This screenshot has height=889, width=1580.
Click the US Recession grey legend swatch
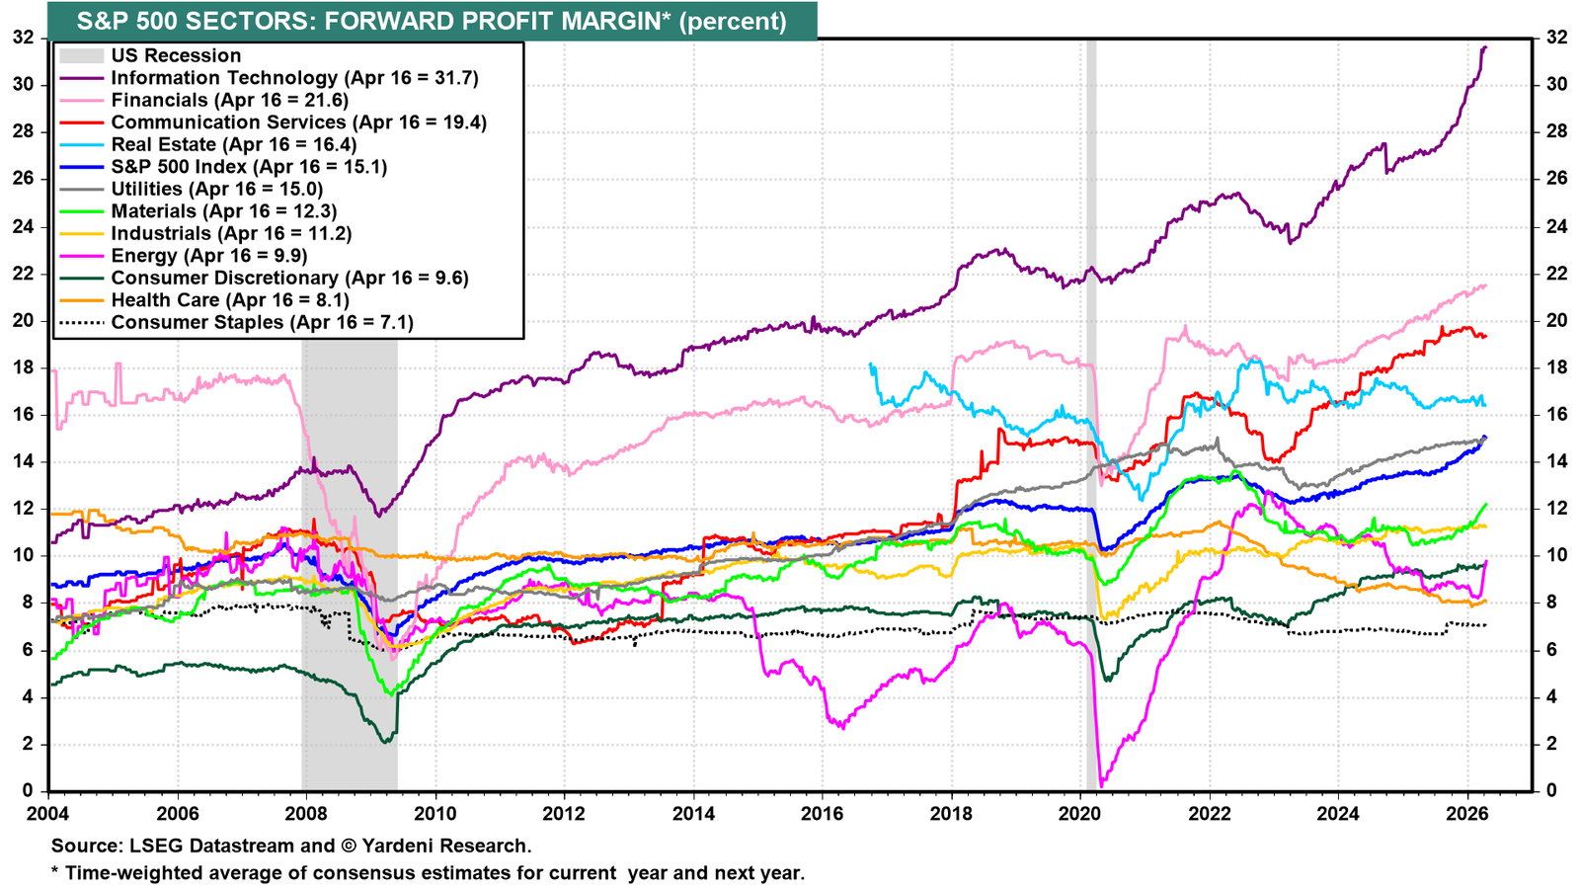point(82,55)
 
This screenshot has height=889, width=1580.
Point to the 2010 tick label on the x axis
point(435,814)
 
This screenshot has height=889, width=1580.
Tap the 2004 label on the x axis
point(48,814)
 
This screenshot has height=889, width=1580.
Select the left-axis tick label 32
point(23,38)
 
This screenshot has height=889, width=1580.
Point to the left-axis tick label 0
point(29,790)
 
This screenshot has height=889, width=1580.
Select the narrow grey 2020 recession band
point(1091,415)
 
